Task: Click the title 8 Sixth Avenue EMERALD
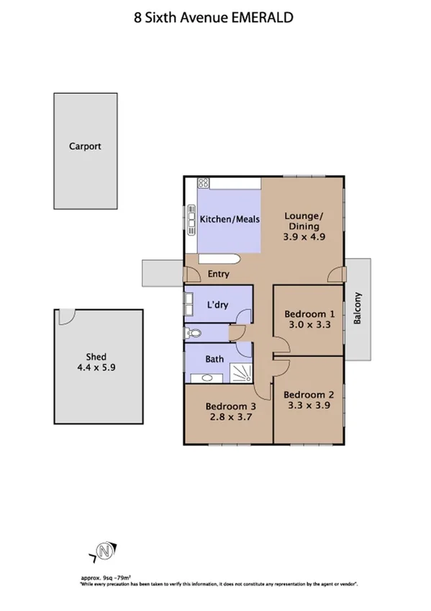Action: pos(214,18)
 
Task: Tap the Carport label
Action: pos(85,146)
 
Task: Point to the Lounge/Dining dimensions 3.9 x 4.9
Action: pos(304,236)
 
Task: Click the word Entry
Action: pos(218,275)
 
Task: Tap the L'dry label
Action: pos(217,305)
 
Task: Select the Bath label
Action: pos(214,359)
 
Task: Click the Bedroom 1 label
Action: pos(309,314)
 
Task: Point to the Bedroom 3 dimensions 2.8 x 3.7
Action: pos(231,416)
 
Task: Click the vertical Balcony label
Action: pos(358,309)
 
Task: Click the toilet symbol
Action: pos(191,334)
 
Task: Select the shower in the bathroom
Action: pos(241,372)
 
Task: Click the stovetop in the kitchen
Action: pos(204,184)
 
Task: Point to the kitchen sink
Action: pos(191,220)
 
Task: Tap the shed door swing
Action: pos(67,316)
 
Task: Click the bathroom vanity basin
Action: pos(207,377)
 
